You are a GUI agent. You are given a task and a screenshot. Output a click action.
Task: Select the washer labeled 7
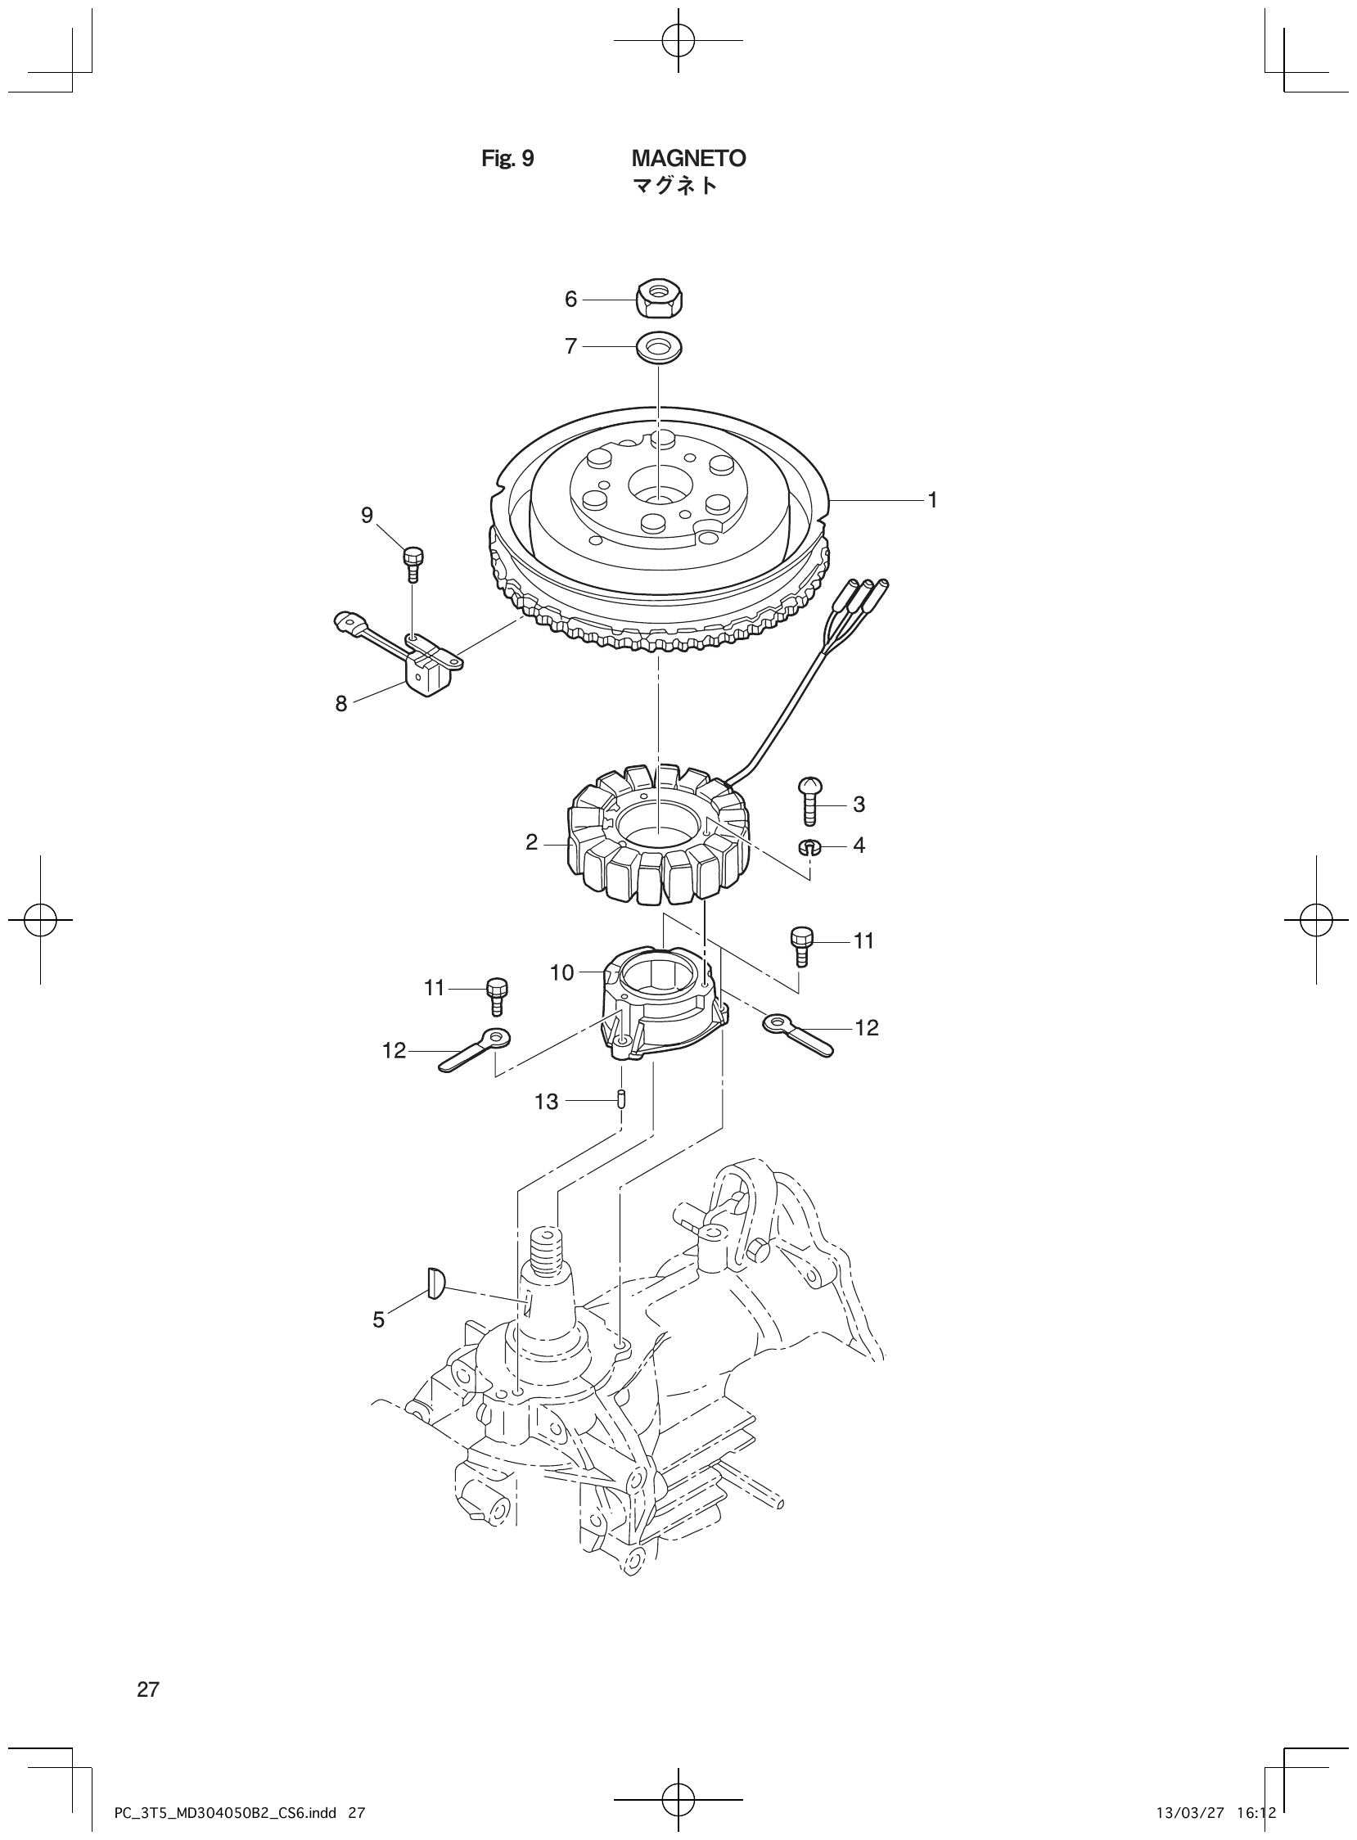(660, 347)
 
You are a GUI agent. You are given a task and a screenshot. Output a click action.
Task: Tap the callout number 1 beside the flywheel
(932, 499)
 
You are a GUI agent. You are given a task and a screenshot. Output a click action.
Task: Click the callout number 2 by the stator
(532, 842)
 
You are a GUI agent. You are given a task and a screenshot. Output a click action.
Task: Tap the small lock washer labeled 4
(810, 846)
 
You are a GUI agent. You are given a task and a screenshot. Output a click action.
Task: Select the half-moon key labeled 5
(435, 1305)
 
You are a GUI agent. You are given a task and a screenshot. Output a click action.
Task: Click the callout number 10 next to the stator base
(561, 973)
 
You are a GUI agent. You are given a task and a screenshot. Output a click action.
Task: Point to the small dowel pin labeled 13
(622, 1098)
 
